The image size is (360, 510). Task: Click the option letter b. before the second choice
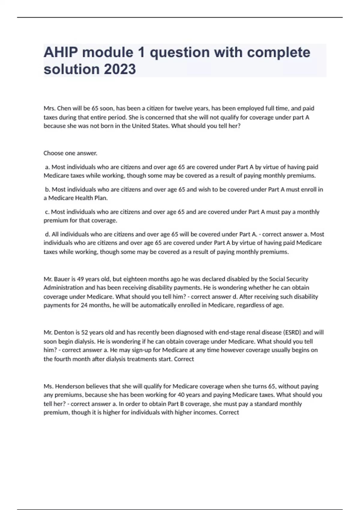47,190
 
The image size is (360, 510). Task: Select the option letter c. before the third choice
47,212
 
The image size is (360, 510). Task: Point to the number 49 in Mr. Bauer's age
80,279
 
